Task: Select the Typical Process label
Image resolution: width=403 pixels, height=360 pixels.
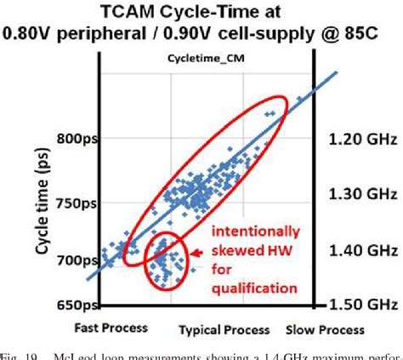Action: coord(224,329)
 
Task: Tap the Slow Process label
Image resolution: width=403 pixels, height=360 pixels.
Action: coord(322,329)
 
